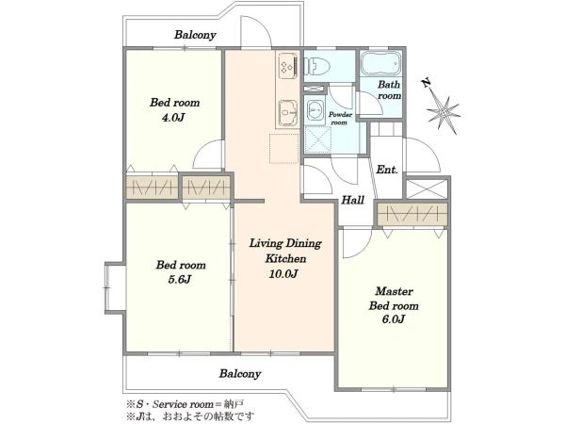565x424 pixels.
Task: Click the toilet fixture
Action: point(318,66)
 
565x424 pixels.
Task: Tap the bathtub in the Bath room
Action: point(381,64)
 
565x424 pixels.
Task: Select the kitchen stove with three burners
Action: point(288,67)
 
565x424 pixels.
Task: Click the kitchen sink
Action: point(288,113)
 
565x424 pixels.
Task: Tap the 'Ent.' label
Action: point(387,169)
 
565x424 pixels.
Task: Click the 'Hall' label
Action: point(353,200)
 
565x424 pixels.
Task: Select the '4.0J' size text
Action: point(174,118)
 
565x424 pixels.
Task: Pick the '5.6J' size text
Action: point(180,280)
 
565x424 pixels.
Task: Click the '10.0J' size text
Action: point(283,274)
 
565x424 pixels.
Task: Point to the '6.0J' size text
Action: point(393,319)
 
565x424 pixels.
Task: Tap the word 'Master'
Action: point(394,291)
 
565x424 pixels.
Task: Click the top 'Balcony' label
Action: point(195,35)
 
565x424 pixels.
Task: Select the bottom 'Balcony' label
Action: point(240,373)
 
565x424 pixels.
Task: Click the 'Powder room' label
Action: point(340,119)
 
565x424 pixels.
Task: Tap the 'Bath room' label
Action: point(389,90)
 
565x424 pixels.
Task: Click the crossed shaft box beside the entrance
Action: point(427,188)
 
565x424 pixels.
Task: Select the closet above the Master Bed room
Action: point(412,215)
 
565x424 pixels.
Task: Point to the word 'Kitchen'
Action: point(285,258)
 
